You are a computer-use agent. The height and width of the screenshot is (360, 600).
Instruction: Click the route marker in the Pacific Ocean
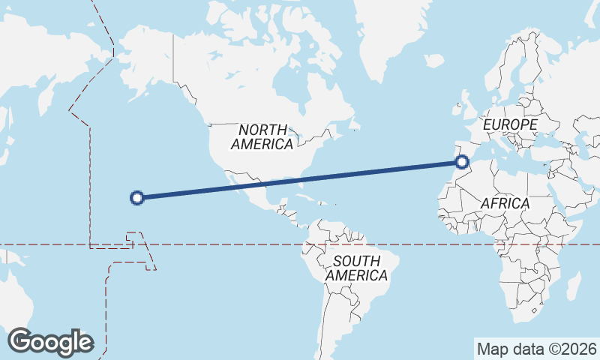(136, 198)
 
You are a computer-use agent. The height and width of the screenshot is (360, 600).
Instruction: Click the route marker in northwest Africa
(462, 161)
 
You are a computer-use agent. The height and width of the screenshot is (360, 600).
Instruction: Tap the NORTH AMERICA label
(262, 137)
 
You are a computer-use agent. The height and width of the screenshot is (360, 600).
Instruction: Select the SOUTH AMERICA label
(357, 268)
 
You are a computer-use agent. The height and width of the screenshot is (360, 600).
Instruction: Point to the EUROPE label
(511, 124)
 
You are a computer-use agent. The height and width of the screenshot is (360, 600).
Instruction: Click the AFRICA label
(505, 203)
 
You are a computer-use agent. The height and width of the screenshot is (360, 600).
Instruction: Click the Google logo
(50, 341)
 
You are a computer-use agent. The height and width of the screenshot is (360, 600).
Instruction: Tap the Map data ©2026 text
(536, 349)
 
